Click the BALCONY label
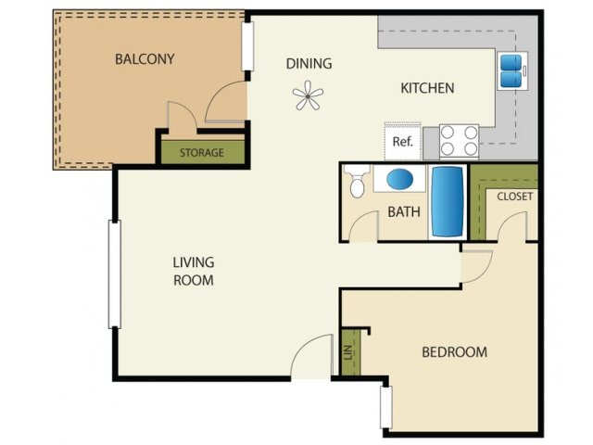click(145, 59)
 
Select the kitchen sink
click(511, 70)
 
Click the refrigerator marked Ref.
click(402, 142)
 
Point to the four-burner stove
click(459, 141)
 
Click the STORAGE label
click(202, 152)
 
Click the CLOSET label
click(514, 197)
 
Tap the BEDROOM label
click(454, 352)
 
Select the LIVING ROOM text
click(194, 271)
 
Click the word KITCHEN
click(426, 89)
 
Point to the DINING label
click(309, 64)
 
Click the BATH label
click(403, 212)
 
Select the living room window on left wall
click(115, 273)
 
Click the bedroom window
click(385, 406)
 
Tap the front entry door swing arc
click(312, 357)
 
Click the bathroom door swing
click(363, 226)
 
